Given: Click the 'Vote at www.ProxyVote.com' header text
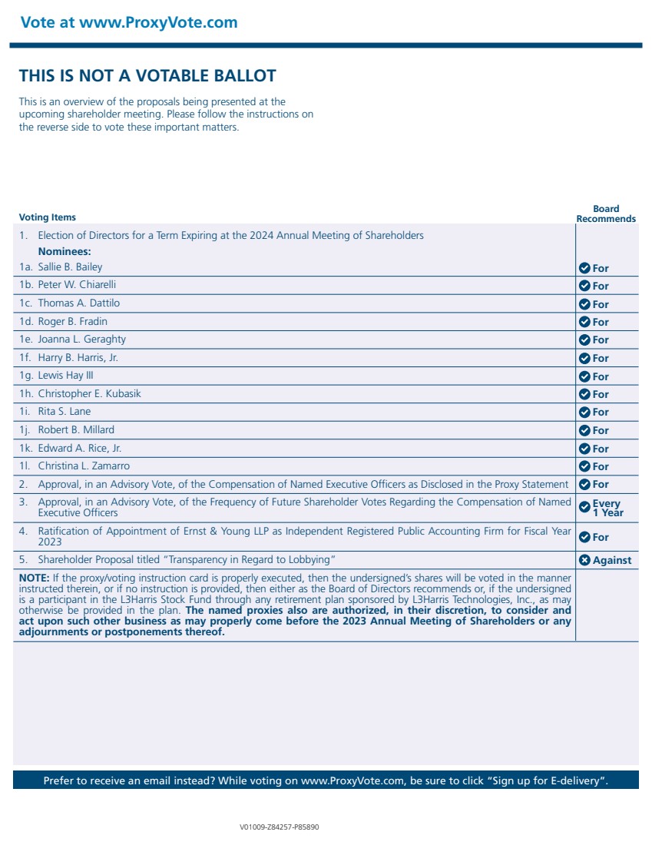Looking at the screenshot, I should tap(129, 22).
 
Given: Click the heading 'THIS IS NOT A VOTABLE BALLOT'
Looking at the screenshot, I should tap(147, 75).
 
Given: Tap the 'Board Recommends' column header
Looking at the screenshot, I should tap(606, 214).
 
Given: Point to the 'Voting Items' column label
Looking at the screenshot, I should tap(48, 217).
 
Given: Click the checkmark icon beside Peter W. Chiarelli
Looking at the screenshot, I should tap(584, 286).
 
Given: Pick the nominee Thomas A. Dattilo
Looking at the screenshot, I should tap(79, 303).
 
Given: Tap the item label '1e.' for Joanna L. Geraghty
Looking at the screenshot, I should tap(27, 340).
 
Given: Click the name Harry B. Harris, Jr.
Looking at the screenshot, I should tap(78, 357).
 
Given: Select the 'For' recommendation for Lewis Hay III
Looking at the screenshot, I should tap(601, 376).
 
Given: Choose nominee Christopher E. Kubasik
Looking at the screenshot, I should tap(90, 393).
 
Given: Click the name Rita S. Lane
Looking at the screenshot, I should tap(65, 412).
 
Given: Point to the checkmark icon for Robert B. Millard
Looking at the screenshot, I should tap(584, 430).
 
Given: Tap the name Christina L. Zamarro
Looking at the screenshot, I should tap(84, 466).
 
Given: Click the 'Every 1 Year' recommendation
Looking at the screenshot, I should tap(607, 508).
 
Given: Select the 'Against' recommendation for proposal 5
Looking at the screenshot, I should tap(612, 560).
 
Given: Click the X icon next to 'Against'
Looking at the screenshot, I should tap(584, 560).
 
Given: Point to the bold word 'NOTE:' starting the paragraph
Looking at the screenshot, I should tap(34, 577).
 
